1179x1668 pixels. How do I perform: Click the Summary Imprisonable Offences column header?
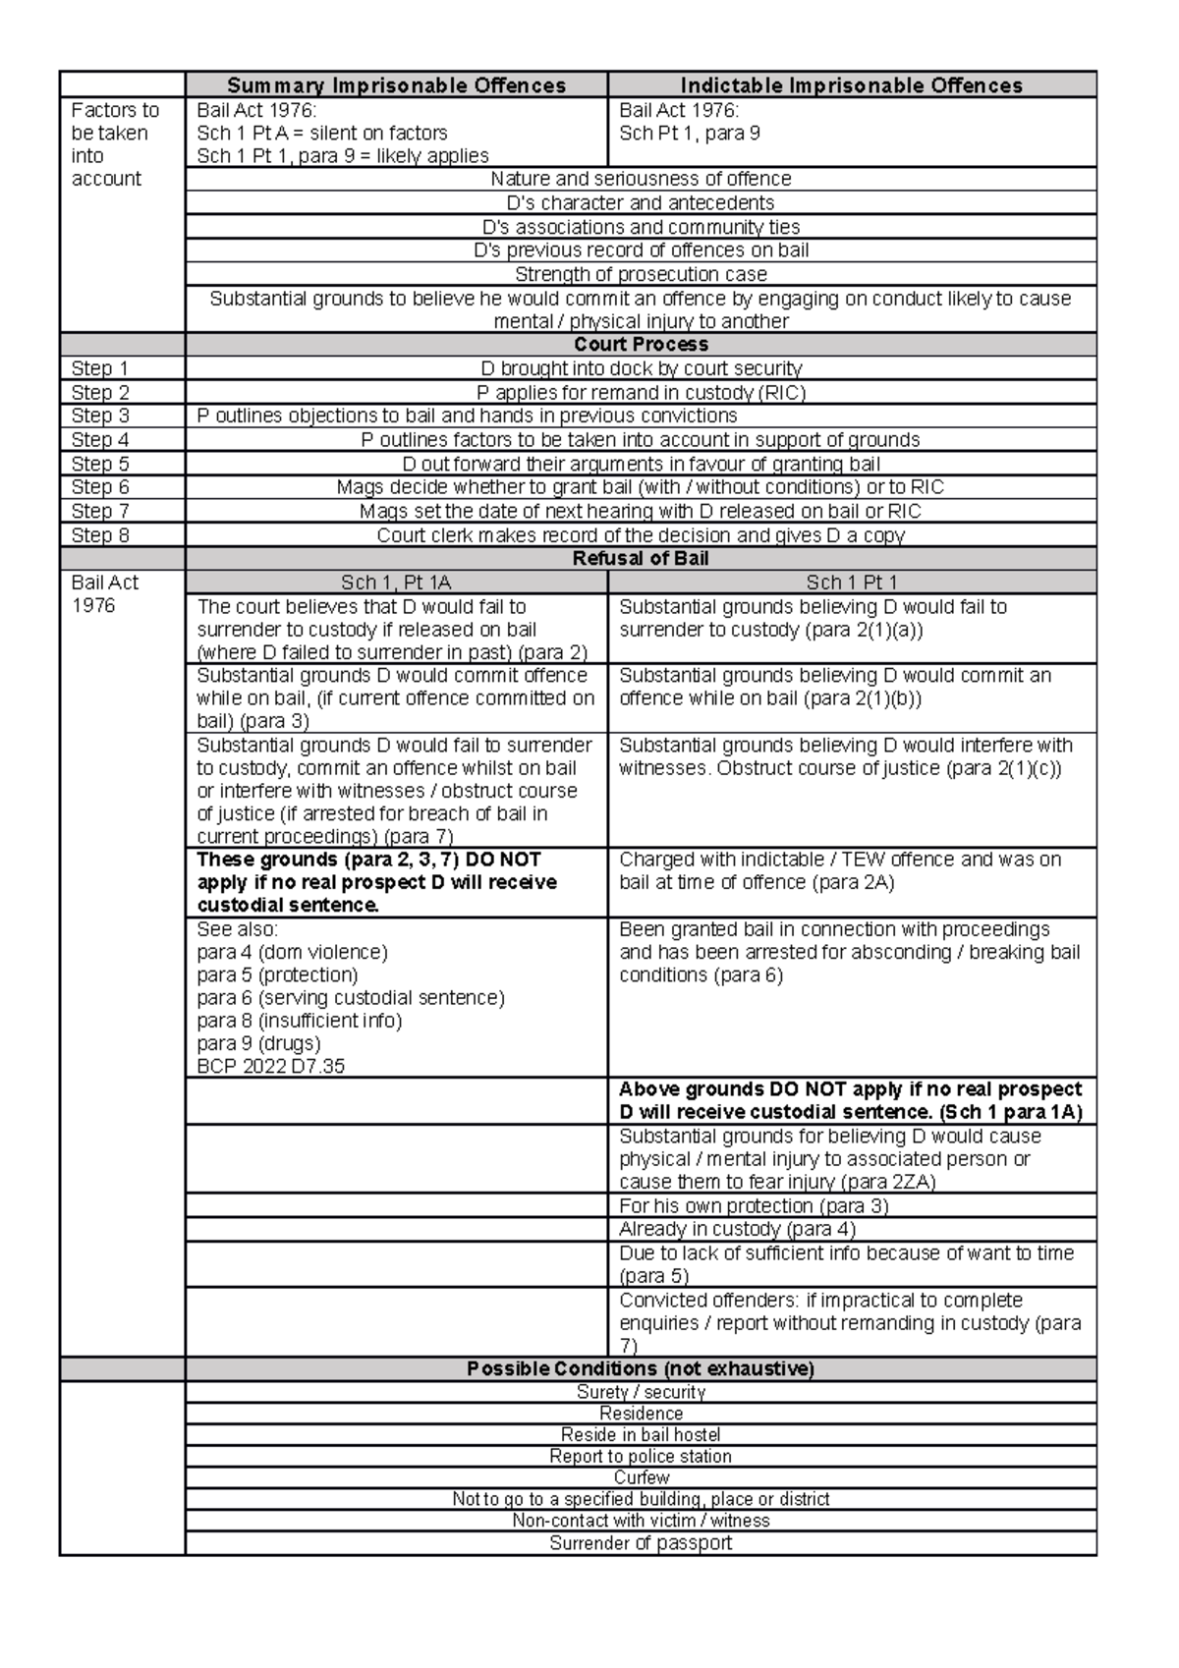[396, 85]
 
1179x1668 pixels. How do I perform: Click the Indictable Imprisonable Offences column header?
[851, 85]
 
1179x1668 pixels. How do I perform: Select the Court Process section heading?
[641, 345]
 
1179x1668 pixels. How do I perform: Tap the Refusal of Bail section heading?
[641, 559]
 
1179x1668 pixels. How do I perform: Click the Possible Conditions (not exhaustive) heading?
[641, 1368]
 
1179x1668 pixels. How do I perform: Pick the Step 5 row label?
[100, 464]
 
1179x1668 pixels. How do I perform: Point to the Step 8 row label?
[100, 535]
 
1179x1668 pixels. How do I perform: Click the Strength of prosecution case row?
[641, 274]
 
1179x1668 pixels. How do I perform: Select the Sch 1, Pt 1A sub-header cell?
[396, 583]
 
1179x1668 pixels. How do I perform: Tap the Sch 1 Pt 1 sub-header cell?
[851, 583]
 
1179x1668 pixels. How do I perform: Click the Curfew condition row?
[641, 1477]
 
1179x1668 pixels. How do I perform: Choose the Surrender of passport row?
[641, 1543]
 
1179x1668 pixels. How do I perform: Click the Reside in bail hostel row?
[641, 1434]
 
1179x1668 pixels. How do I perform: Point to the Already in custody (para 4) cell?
[737, 1229]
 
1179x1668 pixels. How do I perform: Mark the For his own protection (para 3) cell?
[753, 1205]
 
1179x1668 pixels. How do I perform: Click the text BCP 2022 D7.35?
[271, 1066]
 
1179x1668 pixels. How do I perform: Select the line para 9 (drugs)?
[258, 1043]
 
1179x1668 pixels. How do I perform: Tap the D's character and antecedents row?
[641, 203]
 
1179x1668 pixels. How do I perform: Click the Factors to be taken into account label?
[114, 144]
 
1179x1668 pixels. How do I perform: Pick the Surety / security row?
[641, 1392]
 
